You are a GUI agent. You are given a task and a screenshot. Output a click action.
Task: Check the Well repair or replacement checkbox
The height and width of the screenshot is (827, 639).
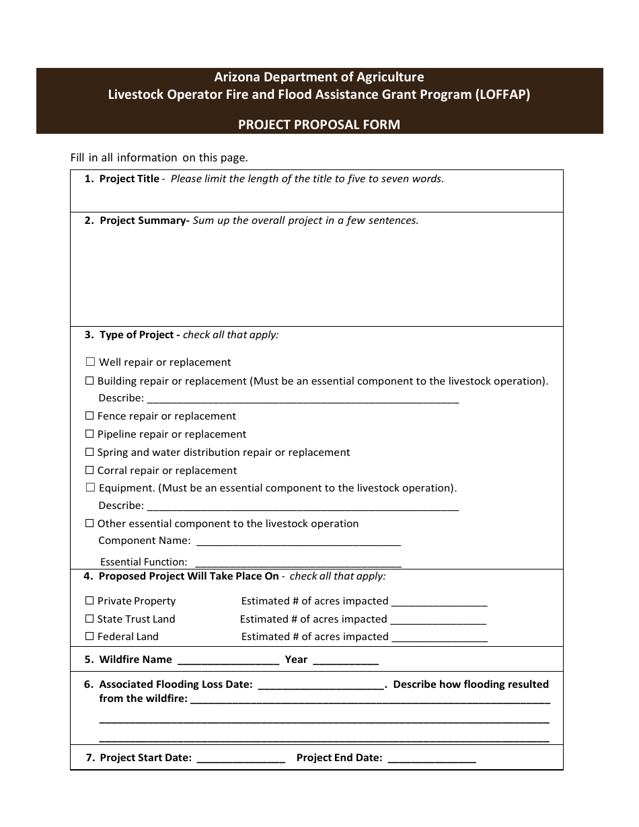tap(91, 362)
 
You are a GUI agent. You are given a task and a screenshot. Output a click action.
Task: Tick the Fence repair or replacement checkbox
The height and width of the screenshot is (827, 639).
tap(89, 416)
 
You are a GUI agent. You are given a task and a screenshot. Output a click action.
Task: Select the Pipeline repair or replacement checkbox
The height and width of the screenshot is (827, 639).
tap(89, 434)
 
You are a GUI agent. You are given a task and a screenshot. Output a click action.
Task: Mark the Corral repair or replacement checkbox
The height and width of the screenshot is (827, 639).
tap(89, 471)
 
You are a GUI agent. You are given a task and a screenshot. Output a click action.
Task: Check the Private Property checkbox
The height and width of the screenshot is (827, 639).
tap(89, 601)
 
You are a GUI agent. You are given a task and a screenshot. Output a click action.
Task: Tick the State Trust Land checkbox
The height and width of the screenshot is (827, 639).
tap(89, 619)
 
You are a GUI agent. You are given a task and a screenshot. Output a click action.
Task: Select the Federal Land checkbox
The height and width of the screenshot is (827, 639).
tap(89, 637)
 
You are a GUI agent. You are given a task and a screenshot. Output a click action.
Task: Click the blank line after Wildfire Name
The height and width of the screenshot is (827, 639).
tap(228, 660)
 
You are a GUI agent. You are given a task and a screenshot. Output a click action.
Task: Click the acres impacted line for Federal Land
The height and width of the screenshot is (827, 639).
tap(439, 637)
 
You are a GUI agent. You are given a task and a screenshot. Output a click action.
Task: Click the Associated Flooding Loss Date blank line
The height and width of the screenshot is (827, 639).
tap(321, 685)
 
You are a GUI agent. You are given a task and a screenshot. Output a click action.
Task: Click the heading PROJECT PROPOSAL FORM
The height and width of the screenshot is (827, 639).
tap(319, 124)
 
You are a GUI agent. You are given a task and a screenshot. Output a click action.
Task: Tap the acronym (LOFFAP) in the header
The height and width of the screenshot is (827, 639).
tap(502, 95)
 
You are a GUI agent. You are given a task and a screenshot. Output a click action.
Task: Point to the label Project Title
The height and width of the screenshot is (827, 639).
tap(129, 179)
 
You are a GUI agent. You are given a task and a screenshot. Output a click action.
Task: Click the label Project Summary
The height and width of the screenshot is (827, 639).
tap(143, 221)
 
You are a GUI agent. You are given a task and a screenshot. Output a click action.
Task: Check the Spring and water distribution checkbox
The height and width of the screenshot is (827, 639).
tap(89, 452)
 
